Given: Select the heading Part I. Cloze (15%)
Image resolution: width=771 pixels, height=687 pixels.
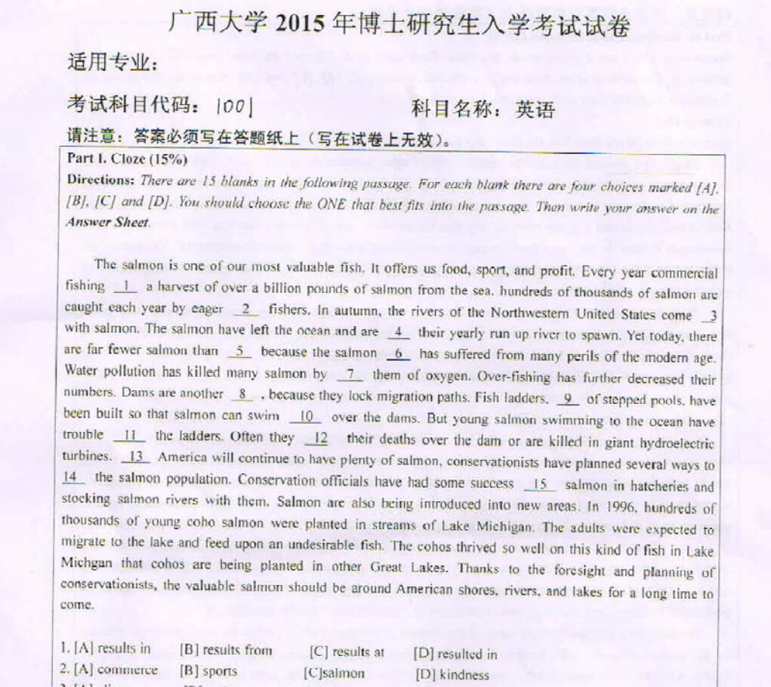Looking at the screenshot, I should pyautogui.click(x=127, y=159).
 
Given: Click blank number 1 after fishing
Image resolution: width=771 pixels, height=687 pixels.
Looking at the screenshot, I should pyautogui.click(x=125, y=286).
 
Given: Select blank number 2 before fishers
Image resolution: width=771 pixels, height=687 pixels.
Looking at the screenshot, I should pyautogui.click(x=245, y=308).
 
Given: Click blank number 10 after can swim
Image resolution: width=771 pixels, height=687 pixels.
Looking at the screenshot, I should pyautogui.click(x=305, y=416).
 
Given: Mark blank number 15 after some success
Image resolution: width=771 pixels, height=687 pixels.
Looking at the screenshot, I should pyautogui.click(x=539, y=485).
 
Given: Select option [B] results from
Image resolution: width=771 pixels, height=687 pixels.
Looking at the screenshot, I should pyautogui.click(x=226, y=650).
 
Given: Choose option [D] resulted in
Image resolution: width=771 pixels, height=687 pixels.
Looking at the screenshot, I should pyautogui.click(x=455, y=654).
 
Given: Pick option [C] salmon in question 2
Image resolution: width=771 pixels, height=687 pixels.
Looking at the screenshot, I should pyautogui.click(x=335, y=673).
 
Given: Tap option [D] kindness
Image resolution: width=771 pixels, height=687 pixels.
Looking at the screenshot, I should pyautogui.click(x=452, y=675).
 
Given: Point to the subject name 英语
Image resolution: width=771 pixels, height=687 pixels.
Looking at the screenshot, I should pyautogui.click(x=535, y=110).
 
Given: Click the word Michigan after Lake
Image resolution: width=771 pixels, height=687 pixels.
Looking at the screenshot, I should pyautogui.click(x=495, y=527).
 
